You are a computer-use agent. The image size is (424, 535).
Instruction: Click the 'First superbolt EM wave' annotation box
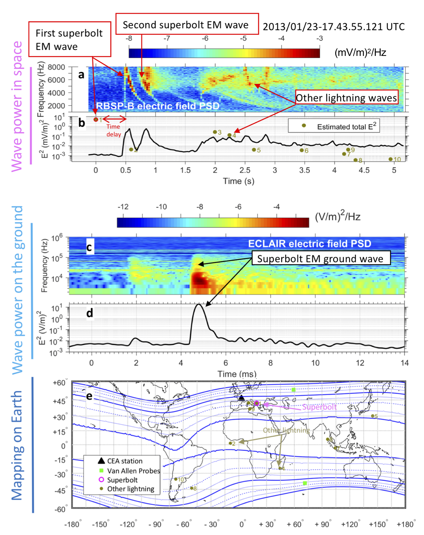[69, 39]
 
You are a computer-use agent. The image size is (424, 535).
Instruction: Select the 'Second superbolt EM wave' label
[187, 24]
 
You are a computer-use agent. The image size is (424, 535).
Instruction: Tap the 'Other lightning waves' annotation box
[346, 98]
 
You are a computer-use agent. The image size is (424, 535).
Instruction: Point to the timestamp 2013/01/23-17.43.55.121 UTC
[334, 27]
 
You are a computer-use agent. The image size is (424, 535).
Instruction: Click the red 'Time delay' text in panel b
[113, 131]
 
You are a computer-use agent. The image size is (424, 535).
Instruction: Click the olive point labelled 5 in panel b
[254, 150]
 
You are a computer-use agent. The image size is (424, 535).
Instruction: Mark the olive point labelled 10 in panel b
[391, 159]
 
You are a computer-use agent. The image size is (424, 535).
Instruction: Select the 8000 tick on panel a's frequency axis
[56, 67]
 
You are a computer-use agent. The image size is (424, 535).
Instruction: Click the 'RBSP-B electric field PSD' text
[158, 106]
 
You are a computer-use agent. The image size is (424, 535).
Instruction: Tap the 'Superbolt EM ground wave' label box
[321, 259]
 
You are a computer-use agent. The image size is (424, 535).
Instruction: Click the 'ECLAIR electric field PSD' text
[310, 244]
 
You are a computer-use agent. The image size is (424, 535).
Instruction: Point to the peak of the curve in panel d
[198, 304]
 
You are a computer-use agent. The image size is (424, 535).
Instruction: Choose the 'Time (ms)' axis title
[237, 374]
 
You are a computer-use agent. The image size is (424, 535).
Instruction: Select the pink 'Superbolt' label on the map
[319, 407]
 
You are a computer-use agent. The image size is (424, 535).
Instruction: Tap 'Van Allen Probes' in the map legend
[134, 471]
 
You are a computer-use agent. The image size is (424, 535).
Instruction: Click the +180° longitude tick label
[406, 524]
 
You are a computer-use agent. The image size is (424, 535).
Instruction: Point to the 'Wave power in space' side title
[18, 106]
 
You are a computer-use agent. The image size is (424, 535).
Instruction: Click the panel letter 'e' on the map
[89, 396]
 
